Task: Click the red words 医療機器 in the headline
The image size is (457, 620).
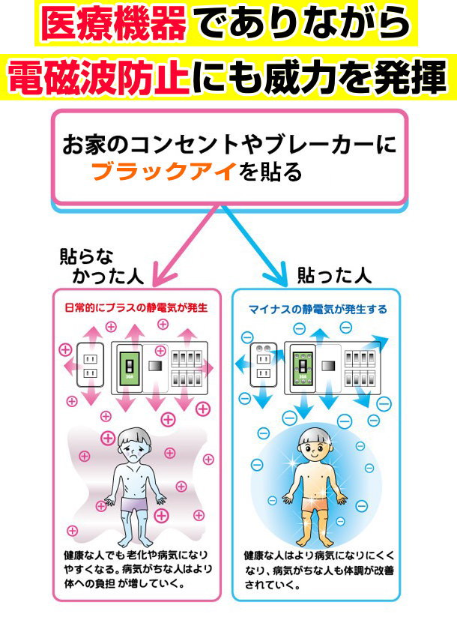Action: click(113, 23)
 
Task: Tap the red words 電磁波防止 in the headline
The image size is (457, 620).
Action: click(98, 76)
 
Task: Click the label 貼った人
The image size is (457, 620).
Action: click(334, 275)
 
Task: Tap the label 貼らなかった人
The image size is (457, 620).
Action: click(101, 266)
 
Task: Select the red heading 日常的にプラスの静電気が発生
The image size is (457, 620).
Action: click(136, 308)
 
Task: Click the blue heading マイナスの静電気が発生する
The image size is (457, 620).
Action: click(318, 309)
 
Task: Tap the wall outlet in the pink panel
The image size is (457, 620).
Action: click(91, 366)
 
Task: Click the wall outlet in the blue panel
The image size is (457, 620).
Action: click(264, 365)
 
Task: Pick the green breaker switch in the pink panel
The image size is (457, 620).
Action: click(129, 367)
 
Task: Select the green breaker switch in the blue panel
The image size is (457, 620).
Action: click(303, 367)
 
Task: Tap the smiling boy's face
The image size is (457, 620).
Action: click(315, 448)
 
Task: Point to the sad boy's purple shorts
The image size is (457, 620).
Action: click(133, 504)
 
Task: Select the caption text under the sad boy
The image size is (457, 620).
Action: click(138, 569)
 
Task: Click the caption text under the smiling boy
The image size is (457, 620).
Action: click(319, 571)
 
